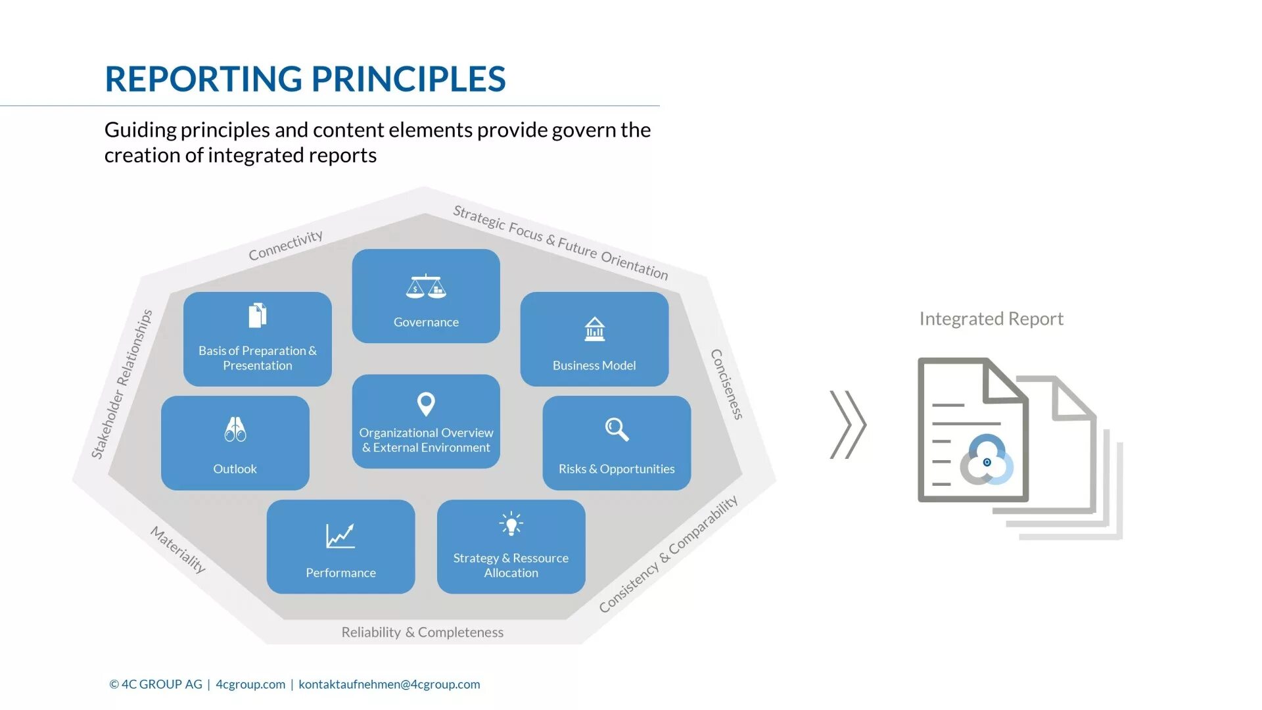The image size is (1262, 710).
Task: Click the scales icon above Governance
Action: pyautogui.click(x=426, y=287)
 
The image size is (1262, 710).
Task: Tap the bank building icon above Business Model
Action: pyautogui.click(x=594, y=329)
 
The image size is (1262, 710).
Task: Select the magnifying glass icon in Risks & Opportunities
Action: pyautogui.click(x=617, y=429)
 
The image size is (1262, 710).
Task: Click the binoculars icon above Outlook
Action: pyautogui.click(x=235, y=429)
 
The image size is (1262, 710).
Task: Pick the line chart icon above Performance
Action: pyautogui.click(x=340, y=536)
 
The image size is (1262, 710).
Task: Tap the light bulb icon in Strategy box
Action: pyautogui.click(x=511, y=524)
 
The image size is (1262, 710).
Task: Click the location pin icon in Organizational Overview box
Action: pyautogui.click(x=426, y=404)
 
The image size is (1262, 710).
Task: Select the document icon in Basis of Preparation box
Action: pyautogui.click(x=258, y=316)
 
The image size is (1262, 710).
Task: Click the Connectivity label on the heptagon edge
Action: pyautogui.click(x=285, y=245)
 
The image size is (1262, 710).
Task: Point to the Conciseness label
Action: pyautogui.click(x=727, y=384)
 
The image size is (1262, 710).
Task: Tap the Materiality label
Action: pyautogui.click(x=178, y=549)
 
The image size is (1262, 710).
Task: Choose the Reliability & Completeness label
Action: pyautogui.click(x=422, y=632)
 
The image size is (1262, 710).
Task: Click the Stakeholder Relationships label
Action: pyautogui.click(x=122, y=384)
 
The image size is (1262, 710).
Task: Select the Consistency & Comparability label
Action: pyautogui.click(x=668, y=554)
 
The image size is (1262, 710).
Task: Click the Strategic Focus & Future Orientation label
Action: pyautogui.click(x=560, y=243)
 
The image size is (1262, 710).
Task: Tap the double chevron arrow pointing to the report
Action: pyautogui.click(x=848, y=425)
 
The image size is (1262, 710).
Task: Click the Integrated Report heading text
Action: pyautogui.click(x=991, y=319)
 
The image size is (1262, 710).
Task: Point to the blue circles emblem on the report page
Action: pyautogui.click(x=987, y=460)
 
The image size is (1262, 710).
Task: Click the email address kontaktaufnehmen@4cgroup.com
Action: pyautogui.click(x=389, y=684)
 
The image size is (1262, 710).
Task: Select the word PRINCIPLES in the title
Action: pyautogui.click(x=408, y=79)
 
